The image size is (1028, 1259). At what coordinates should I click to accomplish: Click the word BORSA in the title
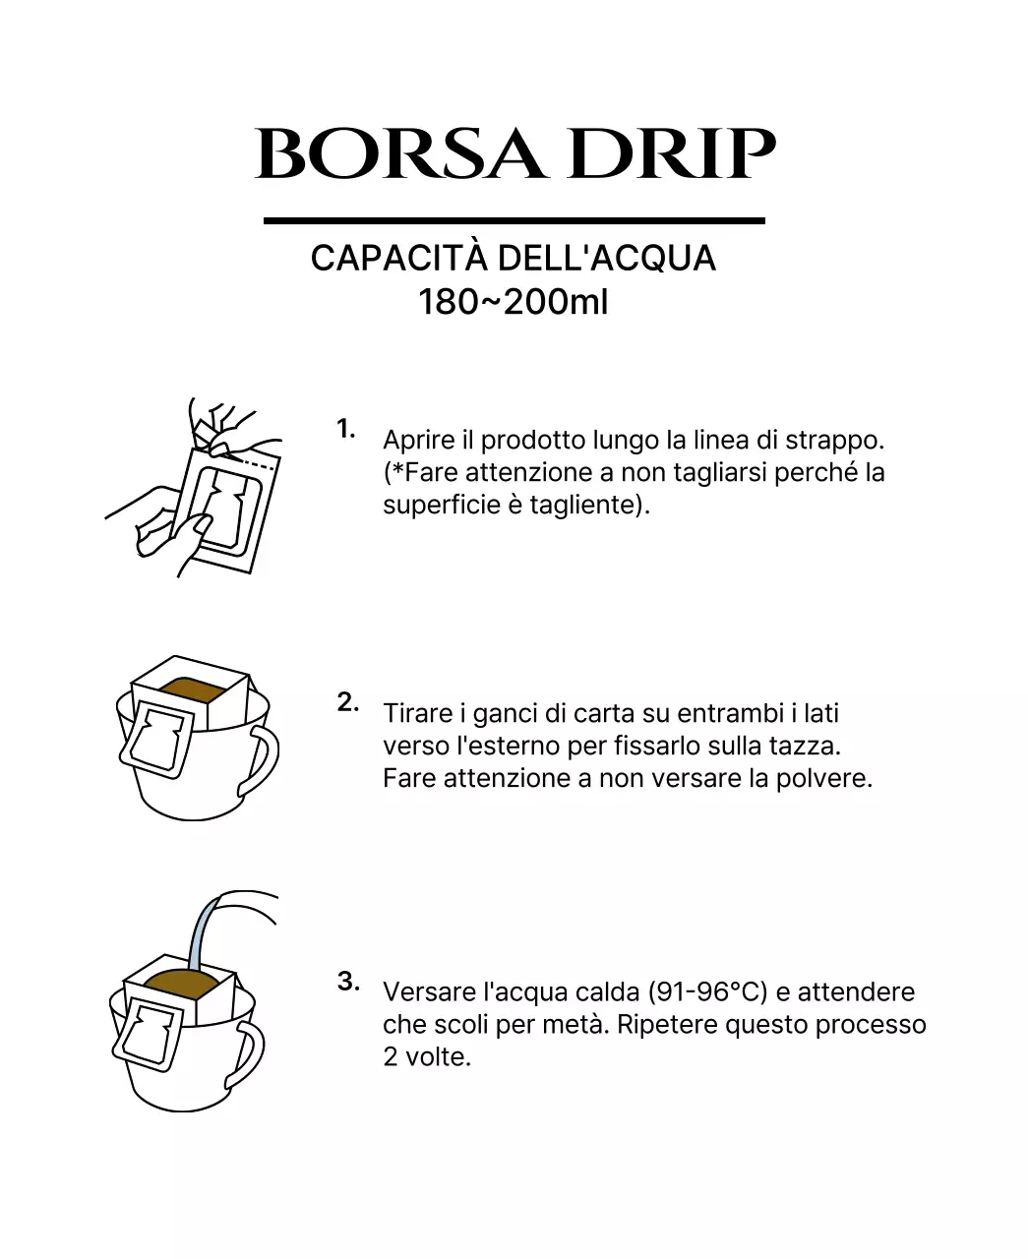coord(398,154)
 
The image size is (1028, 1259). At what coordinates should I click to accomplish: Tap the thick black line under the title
coord(514,220)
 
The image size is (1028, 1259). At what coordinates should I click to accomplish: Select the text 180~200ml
coord(514,302)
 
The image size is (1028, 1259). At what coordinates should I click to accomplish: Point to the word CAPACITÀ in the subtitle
coord(398,259)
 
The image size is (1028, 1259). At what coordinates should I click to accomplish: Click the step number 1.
coord(345,429)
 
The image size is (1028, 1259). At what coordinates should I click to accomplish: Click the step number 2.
coord(347,702)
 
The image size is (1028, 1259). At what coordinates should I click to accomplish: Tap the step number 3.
coord(348,981)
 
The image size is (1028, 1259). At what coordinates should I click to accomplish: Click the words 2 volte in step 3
coord(427,1057)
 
